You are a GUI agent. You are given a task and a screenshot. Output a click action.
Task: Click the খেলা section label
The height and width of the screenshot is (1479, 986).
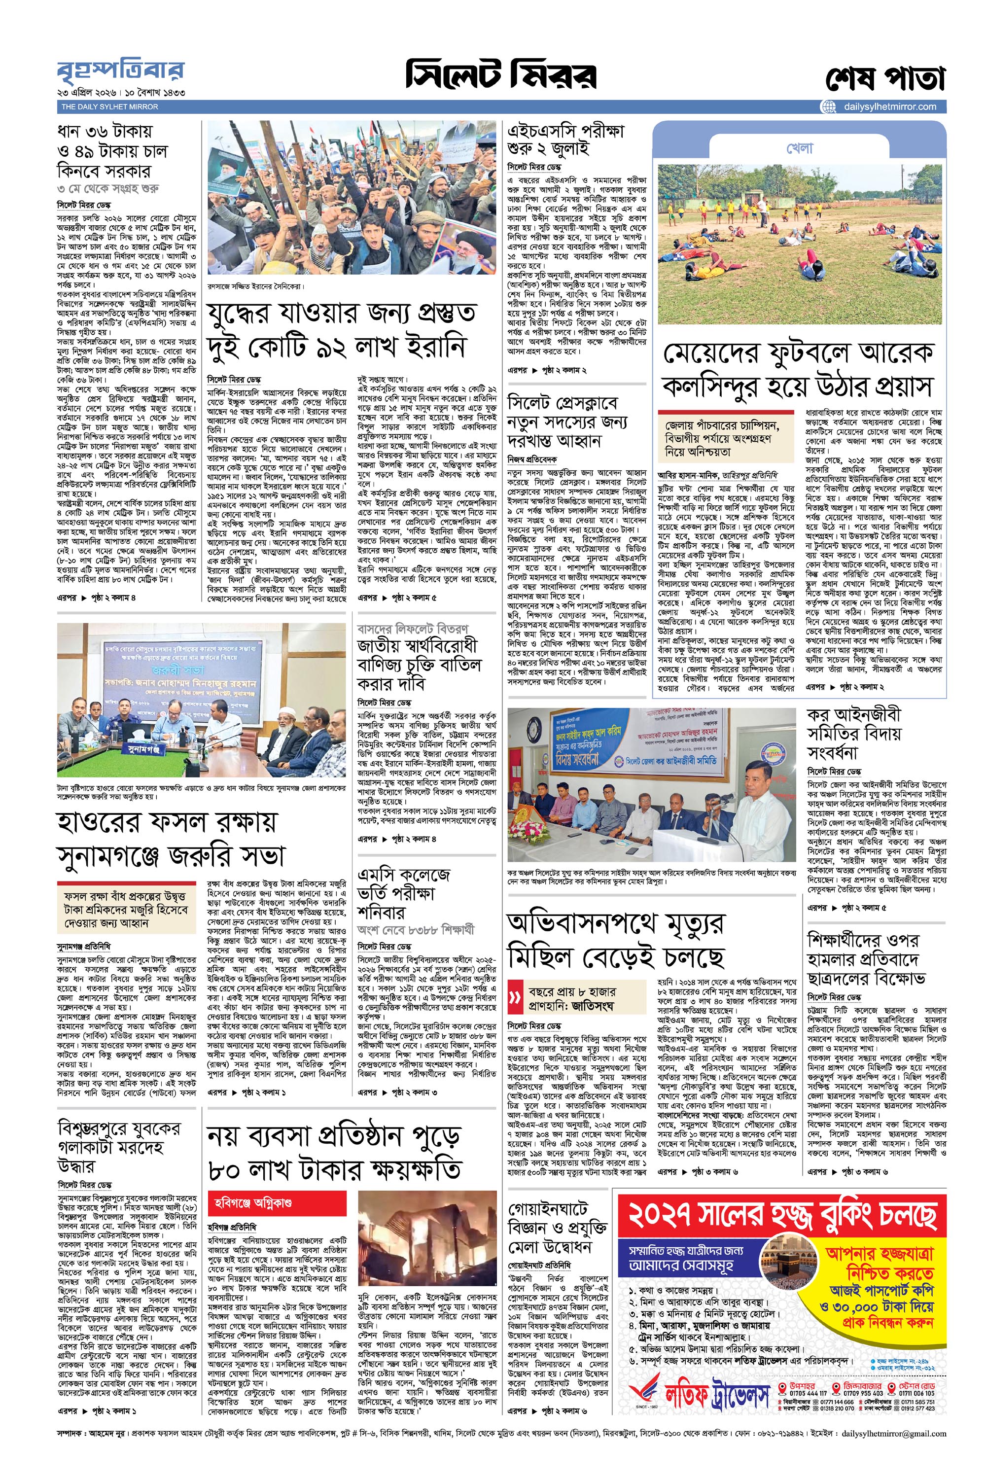[x=799, y=149]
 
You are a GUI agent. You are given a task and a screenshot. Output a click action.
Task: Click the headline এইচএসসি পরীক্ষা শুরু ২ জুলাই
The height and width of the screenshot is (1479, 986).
[x=565, y=140]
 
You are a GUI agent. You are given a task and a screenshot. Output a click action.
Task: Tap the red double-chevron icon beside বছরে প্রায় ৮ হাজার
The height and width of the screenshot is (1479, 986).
[x=517, y=998]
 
